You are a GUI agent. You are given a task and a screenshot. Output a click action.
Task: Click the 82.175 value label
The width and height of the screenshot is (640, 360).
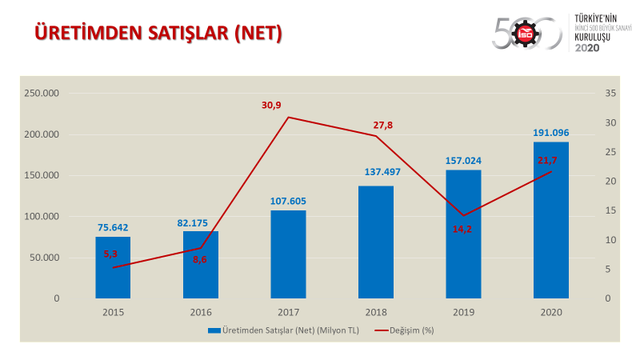point(200,222)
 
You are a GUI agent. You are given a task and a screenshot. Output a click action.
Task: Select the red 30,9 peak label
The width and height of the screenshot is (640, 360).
point(272,106)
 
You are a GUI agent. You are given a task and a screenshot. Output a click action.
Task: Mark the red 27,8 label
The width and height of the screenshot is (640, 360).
point(383,125)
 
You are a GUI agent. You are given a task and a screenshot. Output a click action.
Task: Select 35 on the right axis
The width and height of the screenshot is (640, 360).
point(610,94)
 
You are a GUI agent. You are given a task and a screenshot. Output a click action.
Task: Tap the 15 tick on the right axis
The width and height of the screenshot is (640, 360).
point(610,211)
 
